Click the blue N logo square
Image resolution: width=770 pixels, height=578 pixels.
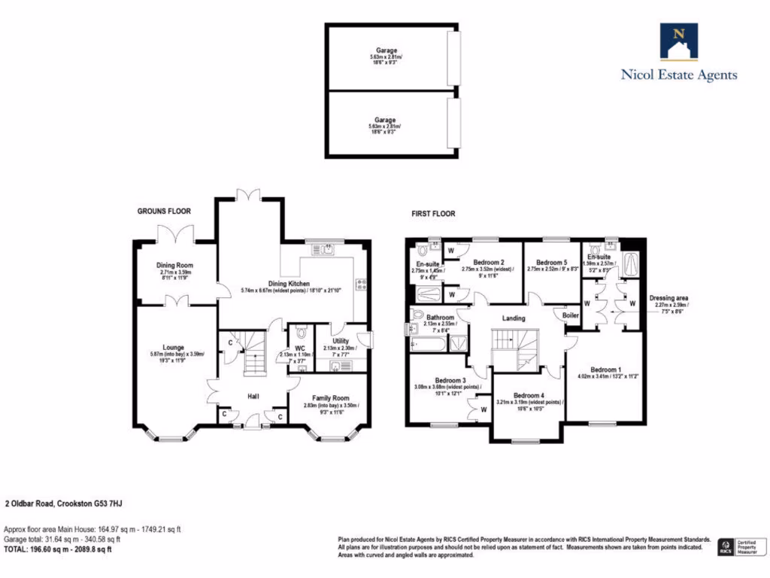678,41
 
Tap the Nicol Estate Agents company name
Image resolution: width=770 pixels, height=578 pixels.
678,75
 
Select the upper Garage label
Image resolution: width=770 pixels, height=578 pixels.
387,51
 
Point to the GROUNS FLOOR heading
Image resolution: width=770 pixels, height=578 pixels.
164,211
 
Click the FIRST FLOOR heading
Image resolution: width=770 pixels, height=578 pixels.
433,214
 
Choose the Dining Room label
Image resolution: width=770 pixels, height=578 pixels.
174,266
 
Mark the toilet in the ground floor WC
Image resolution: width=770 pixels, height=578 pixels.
302,332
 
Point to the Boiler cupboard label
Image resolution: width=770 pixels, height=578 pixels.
571,316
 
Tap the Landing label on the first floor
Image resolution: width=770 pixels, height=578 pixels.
514,319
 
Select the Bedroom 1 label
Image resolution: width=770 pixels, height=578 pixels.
605,370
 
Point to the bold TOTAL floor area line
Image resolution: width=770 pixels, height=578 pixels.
58,549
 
